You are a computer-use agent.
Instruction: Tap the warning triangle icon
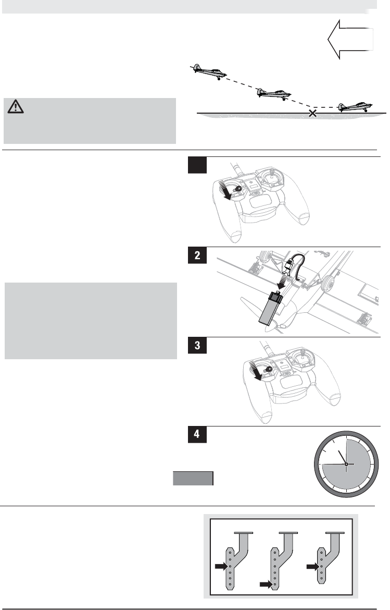click(x=16, y=106)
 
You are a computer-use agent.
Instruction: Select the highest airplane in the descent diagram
click(x=209, y=72)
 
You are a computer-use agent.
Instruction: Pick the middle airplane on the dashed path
click(x=274, y=94)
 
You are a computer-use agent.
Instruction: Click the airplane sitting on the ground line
click(x=355, y=107)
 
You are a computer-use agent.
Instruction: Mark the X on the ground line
click(x=312, y=113)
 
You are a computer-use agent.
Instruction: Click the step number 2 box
click(x=197, y=255)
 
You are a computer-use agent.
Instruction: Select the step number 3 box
click(x=197, y=345)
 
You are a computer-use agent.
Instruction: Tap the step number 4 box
click(x=197, y=434)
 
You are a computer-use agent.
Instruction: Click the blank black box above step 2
click(x=197, y=165)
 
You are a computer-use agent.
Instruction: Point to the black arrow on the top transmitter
click(x=225, y=190)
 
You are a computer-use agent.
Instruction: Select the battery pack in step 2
click(x=270, y=309)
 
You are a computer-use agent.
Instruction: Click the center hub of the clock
click(x=346, y=464)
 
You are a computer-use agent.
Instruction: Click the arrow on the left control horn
click(x=221, y=566)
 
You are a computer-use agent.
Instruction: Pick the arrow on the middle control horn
click(x=266, y=584)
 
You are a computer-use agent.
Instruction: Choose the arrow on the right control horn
click(x=313, y=567)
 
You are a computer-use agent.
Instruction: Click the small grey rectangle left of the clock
click(x=193, y=479)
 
